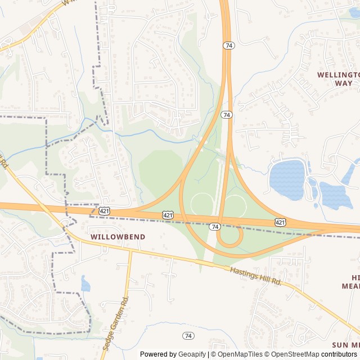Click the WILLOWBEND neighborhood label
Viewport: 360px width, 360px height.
118,237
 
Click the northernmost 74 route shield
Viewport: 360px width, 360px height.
228,45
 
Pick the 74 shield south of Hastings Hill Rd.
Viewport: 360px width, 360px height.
188,336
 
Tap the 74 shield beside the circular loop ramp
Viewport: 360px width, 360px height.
214,227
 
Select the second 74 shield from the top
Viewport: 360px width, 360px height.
227,115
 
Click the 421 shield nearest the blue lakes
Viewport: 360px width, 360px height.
280,223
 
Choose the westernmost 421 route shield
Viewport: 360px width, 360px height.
104,210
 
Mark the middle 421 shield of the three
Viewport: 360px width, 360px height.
168,215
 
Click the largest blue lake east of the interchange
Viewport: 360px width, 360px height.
287,179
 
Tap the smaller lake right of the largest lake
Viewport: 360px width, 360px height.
335,196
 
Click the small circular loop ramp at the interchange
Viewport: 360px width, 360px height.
229,237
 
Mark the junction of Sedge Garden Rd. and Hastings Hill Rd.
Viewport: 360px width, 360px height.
131,250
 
